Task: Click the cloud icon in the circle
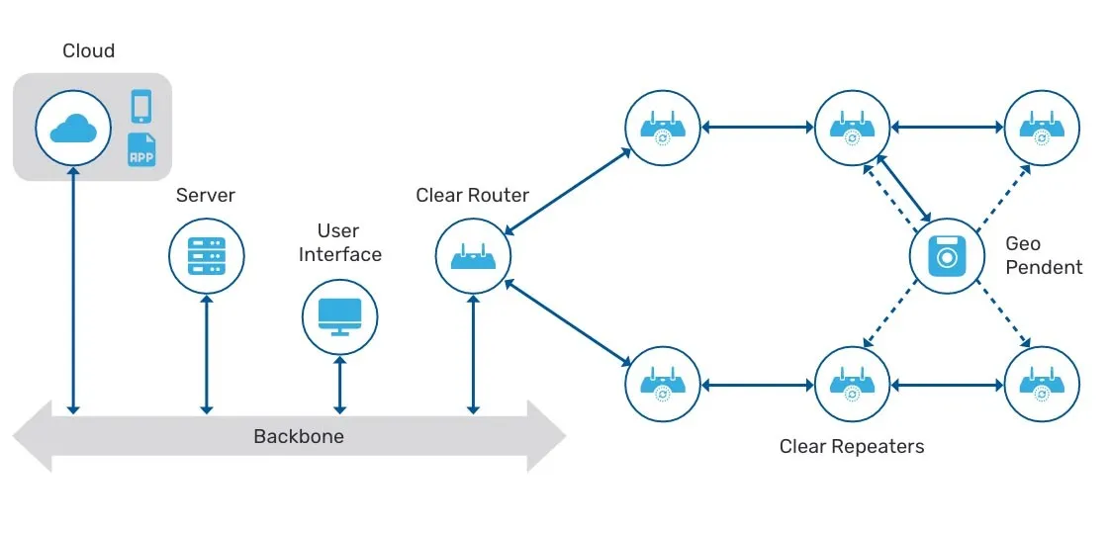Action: [x=73, y=128]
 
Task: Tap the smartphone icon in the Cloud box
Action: [x=141, y=106]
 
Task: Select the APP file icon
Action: [x=141, y=150]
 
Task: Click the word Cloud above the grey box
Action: [x=88, y=51]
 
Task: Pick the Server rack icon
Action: [x=206, y=255]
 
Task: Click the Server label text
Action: [x=206, y=195]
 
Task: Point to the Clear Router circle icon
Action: [x=473, y=257]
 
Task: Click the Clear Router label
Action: [x=473, y=195]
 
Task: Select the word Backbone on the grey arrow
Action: [x=299, y=436]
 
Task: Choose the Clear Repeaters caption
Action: [x=852, y=446]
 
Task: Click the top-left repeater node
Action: [x=663, y=128]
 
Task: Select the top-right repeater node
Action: [x=1042, y=128]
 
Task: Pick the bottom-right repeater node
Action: [x=1042, y=384]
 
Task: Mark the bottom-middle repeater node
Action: [x=853, y=384]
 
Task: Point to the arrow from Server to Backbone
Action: [x=206, y=353]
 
